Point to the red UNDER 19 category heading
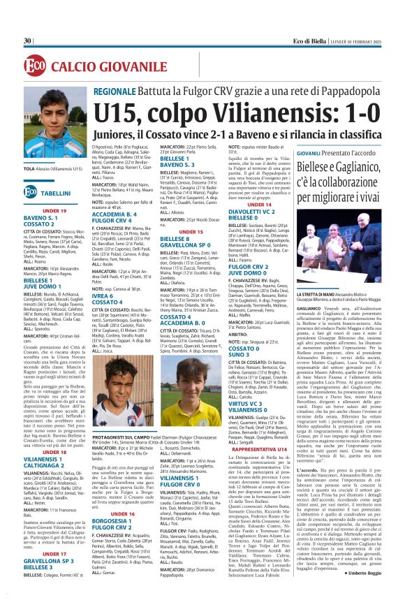pyautogui.click(x=54, y=210)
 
